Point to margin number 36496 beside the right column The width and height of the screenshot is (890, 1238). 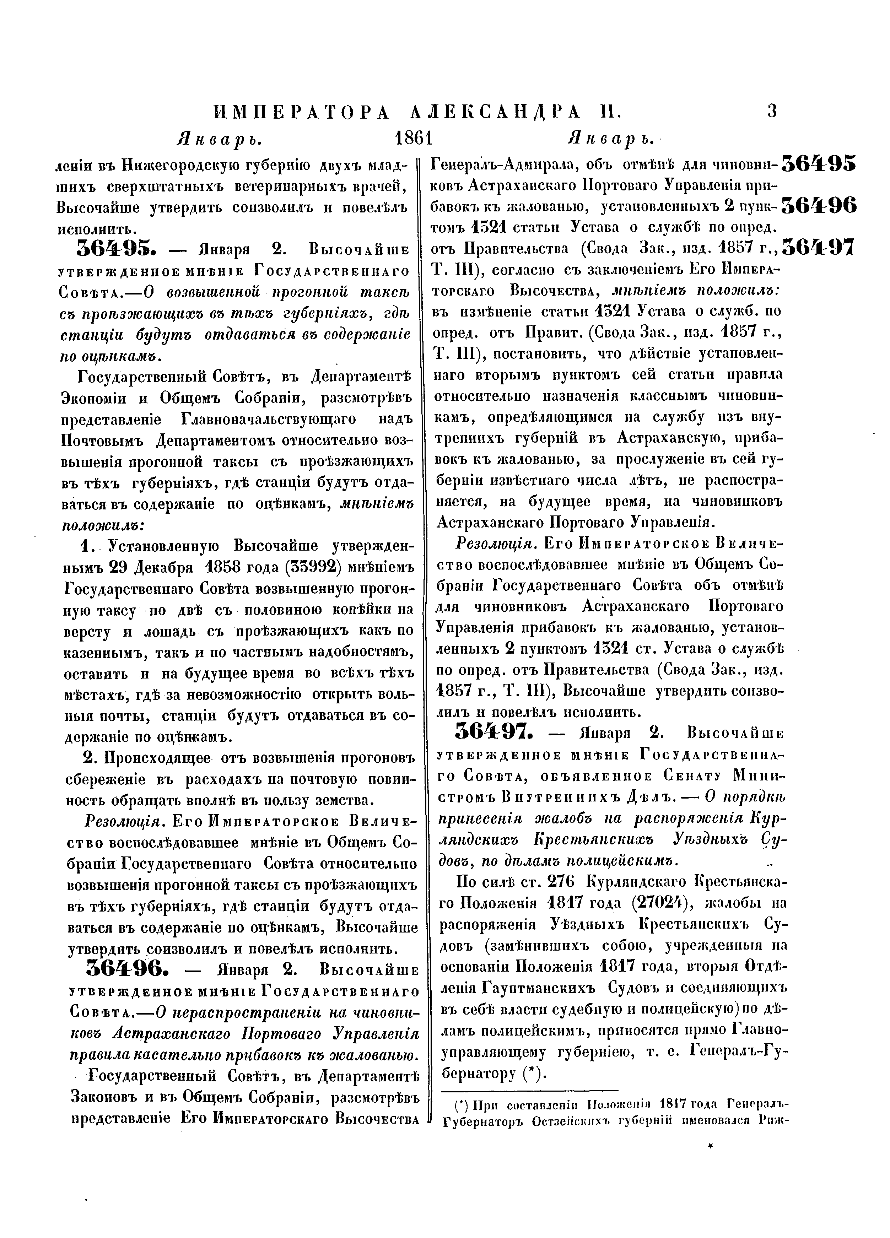(819, 205)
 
